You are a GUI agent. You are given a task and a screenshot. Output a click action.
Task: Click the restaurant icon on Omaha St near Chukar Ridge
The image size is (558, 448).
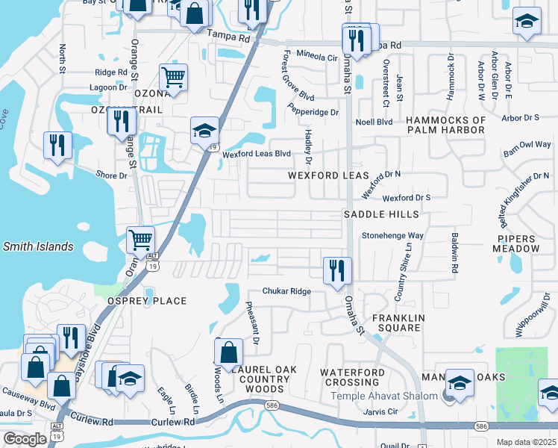[338, 270]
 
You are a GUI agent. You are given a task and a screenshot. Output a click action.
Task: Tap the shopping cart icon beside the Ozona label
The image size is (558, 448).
[173, 76]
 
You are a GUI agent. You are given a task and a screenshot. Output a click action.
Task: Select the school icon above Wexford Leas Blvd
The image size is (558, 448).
[204, 131]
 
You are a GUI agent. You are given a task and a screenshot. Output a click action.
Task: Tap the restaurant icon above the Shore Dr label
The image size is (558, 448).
[57, 144]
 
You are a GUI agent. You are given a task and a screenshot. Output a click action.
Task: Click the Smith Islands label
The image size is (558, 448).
[38, 246]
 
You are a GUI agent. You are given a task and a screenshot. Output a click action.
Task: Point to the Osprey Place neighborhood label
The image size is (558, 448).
[146, 301]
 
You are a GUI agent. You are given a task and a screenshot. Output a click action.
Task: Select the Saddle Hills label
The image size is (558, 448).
[380, 214]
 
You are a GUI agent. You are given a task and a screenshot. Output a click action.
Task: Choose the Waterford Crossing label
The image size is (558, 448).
[352, 377]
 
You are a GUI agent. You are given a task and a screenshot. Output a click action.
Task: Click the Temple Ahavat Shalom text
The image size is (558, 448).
[384, 396]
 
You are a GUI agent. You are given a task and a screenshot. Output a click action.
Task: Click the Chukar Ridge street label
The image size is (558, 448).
[286, 291]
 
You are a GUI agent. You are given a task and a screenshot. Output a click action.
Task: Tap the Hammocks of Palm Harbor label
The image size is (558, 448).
[445, 125]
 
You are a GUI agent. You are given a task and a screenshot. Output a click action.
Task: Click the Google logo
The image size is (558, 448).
[25, 439]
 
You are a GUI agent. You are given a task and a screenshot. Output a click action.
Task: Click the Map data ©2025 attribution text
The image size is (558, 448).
[525, 442]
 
